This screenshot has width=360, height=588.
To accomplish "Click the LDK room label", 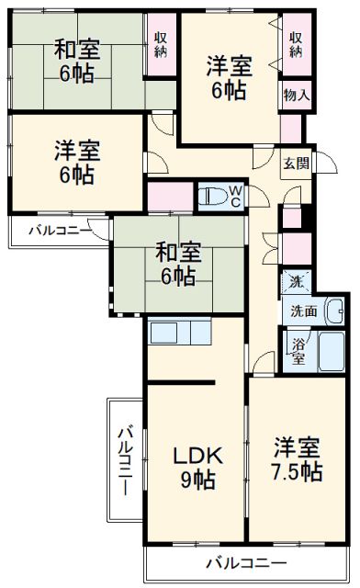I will (196, 455).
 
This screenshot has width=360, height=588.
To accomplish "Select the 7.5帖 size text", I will (297, 472).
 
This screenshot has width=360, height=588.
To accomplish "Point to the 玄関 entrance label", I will (296, 163).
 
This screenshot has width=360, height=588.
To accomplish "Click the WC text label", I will (235, 196).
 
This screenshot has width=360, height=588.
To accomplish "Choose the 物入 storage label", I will (296, 94).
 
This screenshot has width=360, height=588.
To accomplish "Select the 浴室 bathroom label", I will (299, 351).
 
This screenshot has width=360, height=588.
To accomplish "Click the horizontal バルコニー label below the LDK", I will (245, 562).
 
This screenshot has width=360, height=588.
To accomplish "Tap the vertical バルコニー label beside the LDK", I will (125, 457).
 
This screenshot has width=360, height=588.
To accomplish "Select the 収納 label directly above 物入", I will (296, 43).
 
